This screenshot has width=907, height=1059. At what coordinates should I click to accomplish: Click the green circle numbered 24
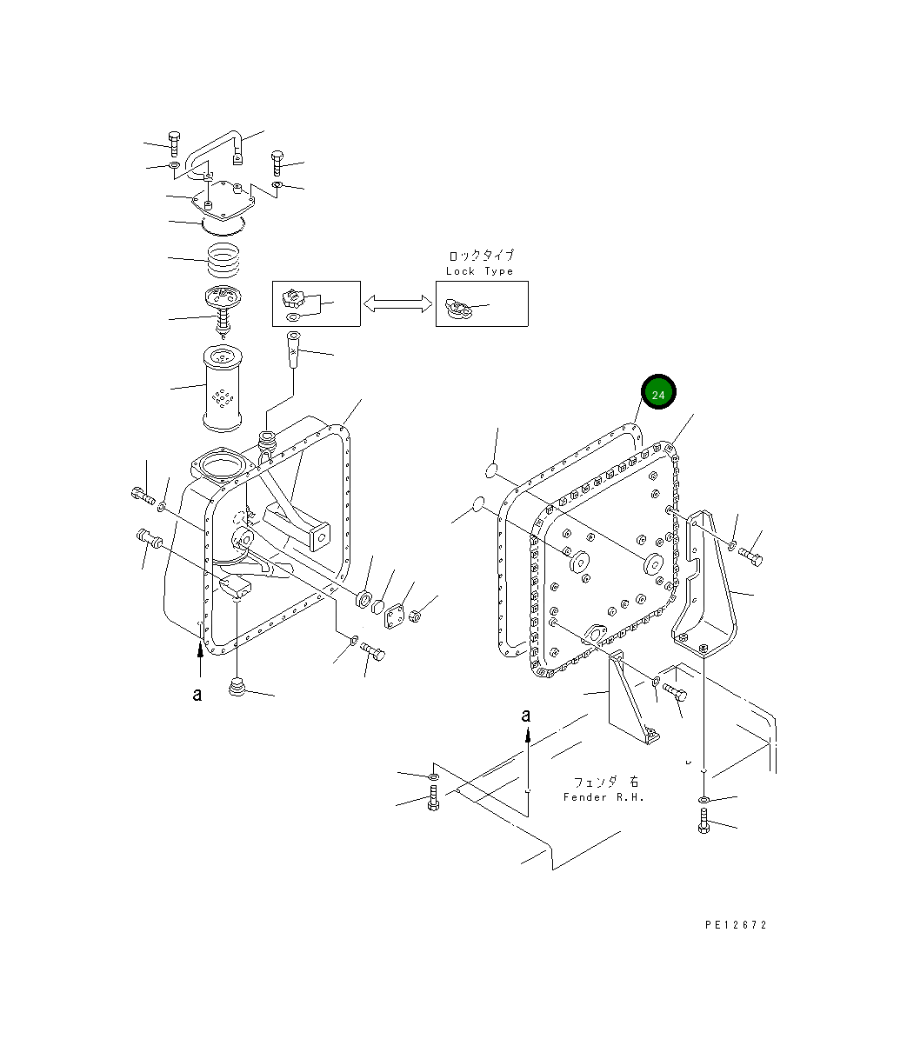658,395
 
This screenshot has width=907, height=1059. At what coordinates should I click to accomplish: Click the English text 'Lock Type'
479,271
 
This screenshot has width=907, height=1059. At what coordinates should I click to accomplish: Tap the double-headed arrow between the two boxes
397,303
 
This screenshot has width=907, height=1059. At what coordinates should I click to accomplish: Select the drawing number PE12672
736,925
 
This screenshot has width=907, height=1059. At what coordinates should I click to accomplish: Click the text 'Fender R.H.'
604,797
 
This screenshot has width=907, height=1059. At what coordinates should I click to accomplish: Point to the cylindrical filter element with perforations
224,388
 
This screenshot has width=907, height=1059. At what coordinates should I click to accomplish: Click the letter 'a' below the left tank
197,695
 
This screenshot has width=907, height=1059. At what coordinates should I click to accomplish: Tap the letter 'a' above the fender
525,716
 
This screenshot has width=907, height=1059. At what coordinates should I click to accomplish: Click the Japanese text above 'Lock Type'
480,256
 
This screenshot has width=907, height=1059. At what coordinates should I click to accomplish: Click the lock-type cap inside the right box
457,307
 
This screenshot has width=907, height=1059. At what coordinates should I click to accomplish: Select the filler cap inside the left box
292,302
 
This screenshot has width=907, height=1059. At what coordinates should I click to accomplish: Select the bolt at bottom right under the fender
704,821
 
